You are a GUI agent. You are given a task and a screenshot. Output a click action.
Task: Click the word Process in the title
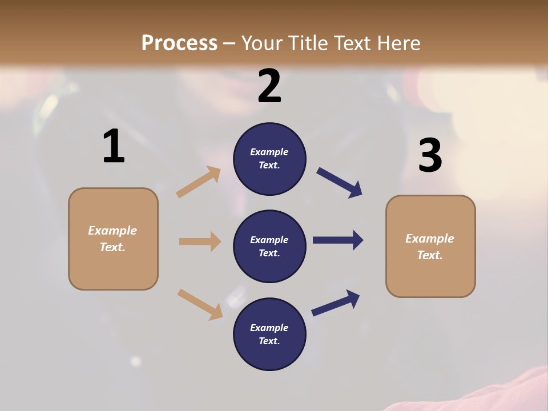coord(179,43)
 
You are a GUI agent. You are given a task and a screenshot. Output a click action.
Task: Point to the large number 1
coord(114,147)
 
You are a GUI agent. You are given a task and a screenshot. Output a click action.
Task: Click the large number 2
coord(269,86)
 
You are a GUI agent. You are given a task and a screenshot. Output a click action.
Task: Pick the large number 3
coord(430,156)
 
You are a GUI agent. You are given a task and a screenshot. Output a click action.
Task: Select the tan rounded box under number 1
coord(113,239)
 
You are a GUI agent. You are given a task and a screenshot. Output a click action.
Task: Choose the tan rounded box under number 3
coord(430,247)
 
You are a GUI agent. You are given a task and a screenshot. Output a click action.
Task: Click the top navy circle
coord(269,159)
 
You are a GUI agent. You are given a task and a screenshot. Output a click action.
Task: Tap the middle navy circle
coord(269,246)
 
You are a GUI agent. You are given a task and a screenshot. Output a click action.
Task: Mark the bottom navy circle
coord(269,334)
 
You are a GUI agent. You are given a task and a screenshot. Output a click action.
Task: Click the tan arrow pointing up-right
coord(199,182)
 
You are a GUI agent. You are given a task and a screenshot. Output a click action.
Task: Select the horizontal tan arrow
coord(200,241)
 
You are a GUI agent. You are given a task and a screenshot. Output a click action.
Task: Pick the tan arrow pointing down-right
coord(200,304)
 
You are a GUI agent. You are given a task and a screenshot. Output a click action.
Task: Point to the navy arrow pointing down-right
coord(339,183)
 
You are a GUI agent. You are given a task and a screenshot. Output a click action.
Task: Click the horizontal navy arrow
coord(338,240)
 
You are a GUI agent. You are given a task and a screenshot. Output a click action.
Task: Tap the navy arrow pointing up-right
coord(336,303)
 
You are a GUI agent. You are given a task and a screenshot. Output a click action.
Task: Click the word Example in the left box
coord(112,231)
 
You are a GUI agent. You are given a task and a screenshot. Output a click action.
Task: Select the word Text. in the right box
coord(430,255)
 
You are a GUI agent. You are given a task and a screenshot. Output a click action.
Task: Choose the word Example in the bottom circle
coord(269,328)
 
